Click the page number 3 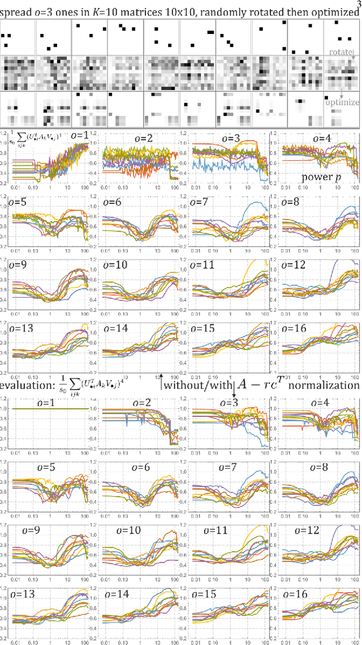[357, 3]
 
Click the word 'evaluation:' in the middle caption [24, 385]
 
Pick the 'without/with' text [197, 385]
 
